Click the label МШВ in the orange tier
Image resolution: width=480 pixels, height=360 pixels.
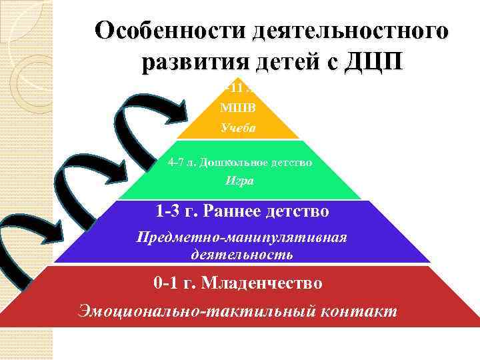[238, 107]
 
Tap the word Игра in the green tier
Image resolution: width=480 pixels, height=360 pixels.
[238, 180]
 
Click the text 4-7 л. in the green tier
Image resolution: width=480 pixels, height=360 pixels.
[181, 161]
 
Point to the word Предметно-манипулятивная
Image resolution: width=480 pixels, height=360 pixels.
[241, 238]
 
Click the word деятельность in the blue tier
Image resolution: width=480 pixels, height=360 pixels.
[241, 254]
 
